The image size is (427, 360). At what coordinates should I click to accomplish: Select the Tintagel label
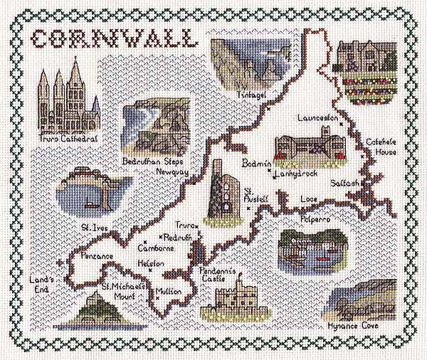pyautogui.click(x=253, y=96)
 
